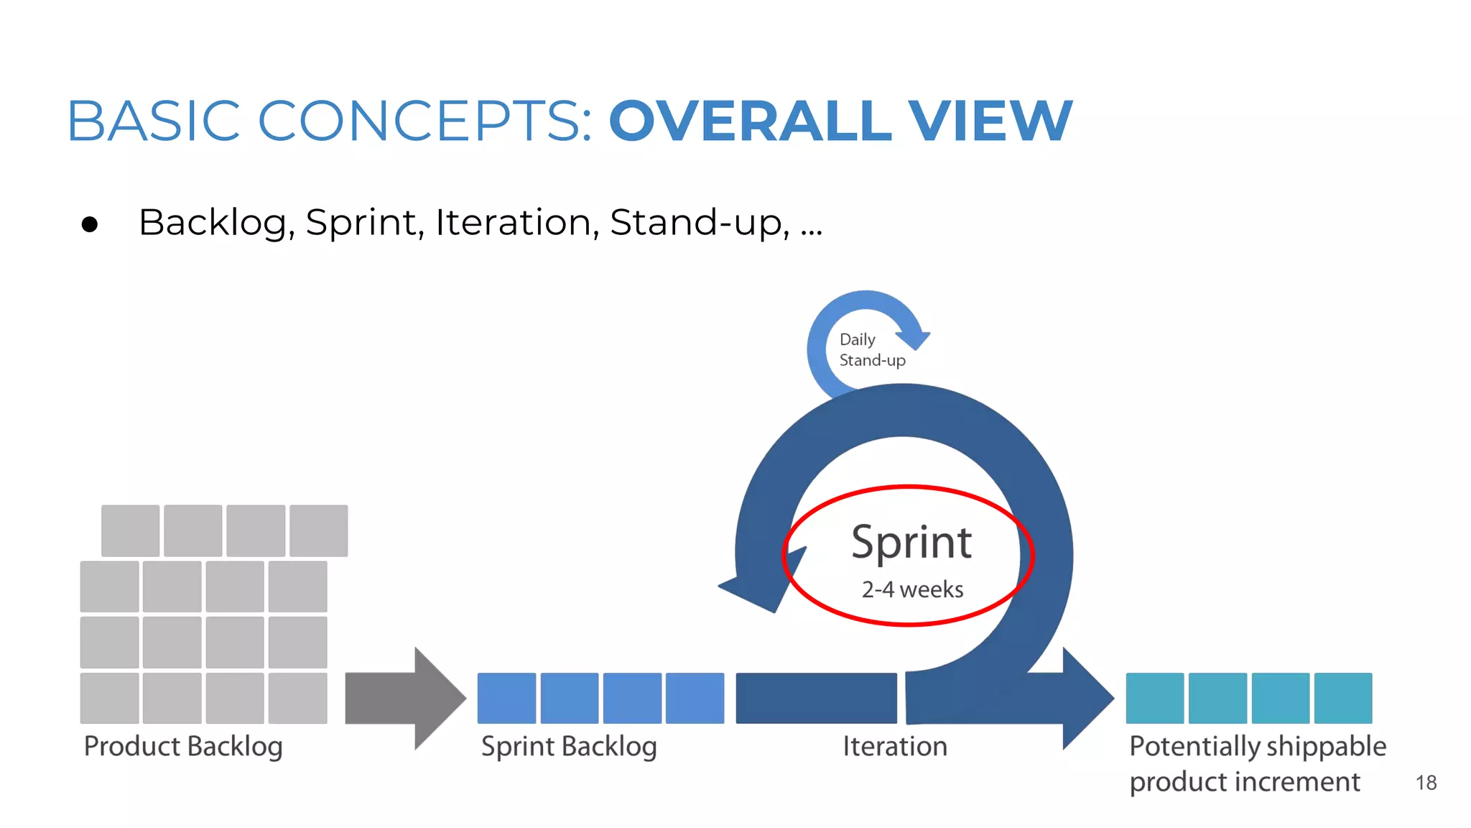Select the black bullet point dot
click(90, 225)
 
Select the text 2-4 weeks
click(912, 589)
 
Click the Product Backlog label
click(183, 746)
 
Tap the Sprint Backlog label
click(569, 746)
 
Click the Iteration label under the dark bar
click(895, 746)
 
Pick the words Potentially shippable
click(1257, 746)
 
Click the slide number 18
click(1426, 783)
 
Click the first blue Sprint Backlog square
click(506, 698)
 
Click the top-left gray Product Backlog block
click(130, 530)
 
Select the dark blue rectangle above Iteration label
click(816, 698)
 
